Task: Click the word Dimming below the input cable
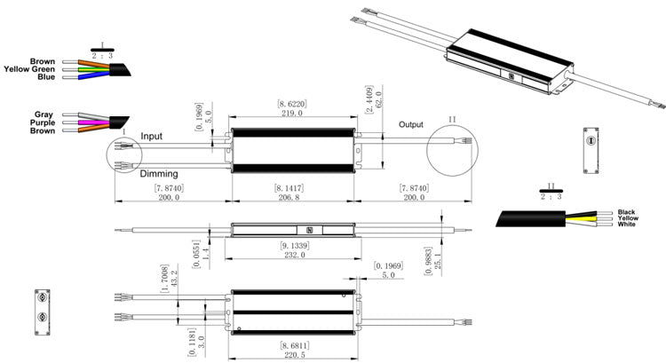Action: pos(160,174)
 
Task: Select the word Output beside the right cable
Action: pos(411,124)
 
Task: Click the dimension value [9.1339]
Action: pos(294,244)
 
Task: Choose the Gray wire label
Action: pos(43,114)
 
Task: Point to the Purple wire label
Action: pos(40,122)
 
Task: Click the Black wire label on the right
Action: pos(629,211)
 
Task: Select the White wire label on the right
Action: pos(629,225)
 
